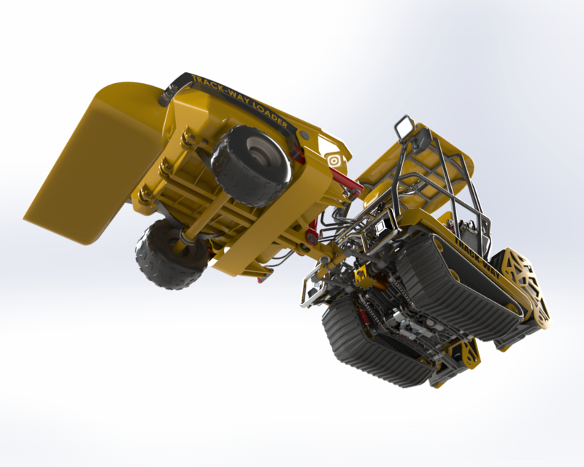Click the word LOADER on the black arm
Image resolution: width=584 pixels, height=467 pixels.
pos(269,114)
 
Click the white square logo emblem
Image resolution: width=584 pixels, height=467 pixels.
pos(334,159)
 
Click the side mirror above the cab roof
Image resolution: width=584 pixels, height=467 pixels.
pos(404,127)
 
